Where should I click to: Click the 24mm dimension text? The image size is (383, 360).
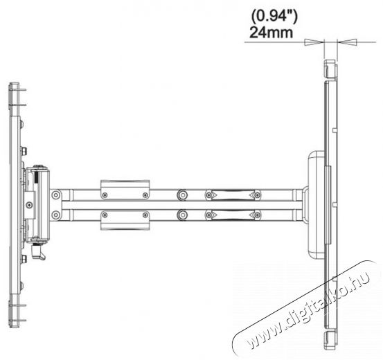point(271,32)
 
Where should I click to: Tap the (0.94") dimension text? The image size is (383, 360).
point(274,17)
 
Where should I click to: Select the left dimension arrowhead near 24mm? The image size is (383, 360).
point(314,42)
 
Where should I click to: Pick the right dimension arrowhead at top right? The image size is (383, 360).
point(347,42)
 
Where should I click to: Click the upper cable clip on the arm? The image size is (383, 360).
point(125,190)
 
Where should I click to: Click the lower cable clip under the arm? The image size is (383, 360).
point(125,220)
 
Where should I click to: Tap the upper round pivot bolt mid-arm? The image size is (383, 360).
point(182,195)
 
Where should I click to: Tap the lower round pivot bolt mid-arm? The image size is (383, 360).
point(182,215)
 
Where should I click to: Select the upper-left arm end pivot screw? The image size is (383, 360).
point(56,195)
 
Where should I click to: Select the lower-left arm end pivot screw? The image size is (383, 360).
point(56,215)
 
